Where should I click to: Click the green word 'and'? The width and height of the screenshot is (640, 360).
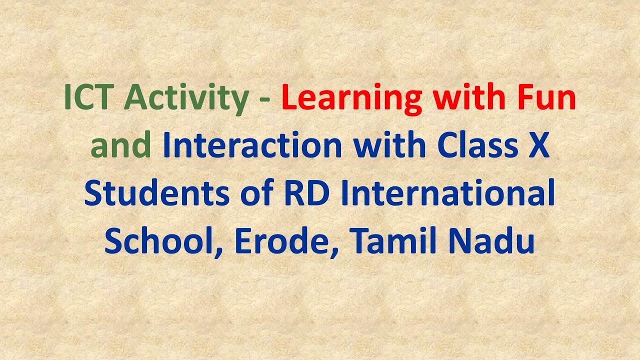click(x=121, y=146)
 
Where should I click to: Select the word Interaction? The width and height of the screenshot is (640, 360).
click(x=252, y=146)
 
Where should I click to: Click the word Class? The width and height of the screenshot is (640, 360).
click(x=478, y=146)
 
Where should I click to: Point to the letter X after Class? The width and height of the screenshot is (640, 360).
click(x=539, y=146)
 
